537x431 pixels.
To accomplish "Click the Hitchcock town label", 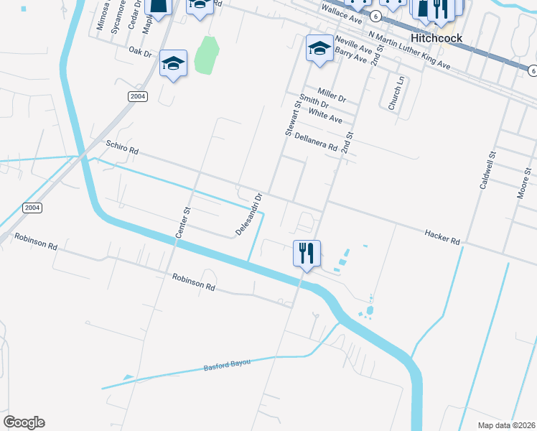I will [436, 37].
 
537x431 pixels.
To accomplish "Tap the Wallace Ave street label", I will [342, 12].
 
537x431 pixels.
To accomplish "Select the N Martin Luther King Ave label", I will [409, 50].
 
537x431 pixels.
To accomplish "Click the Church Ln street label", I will [392, 93].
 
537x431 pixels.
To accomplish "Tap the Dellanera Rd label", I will [316, 142].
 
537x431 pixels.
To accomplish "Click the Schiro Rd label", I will [121, 149].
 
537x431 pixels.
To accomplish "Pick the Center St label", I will [182, 223].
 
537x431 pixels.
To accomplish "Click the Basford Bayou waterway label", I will [227, 364].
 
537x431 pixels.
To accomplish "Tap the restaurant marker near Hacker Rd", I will [307, 254].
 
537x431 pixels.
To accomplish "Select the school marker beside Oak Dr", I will [173, 63].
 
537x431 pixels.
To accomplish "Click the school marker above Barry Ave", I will [319, 49].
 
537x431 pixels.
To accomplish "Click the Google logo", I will [24, 422].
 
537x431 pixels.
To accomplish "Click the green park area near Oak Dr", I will [207, 55].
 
